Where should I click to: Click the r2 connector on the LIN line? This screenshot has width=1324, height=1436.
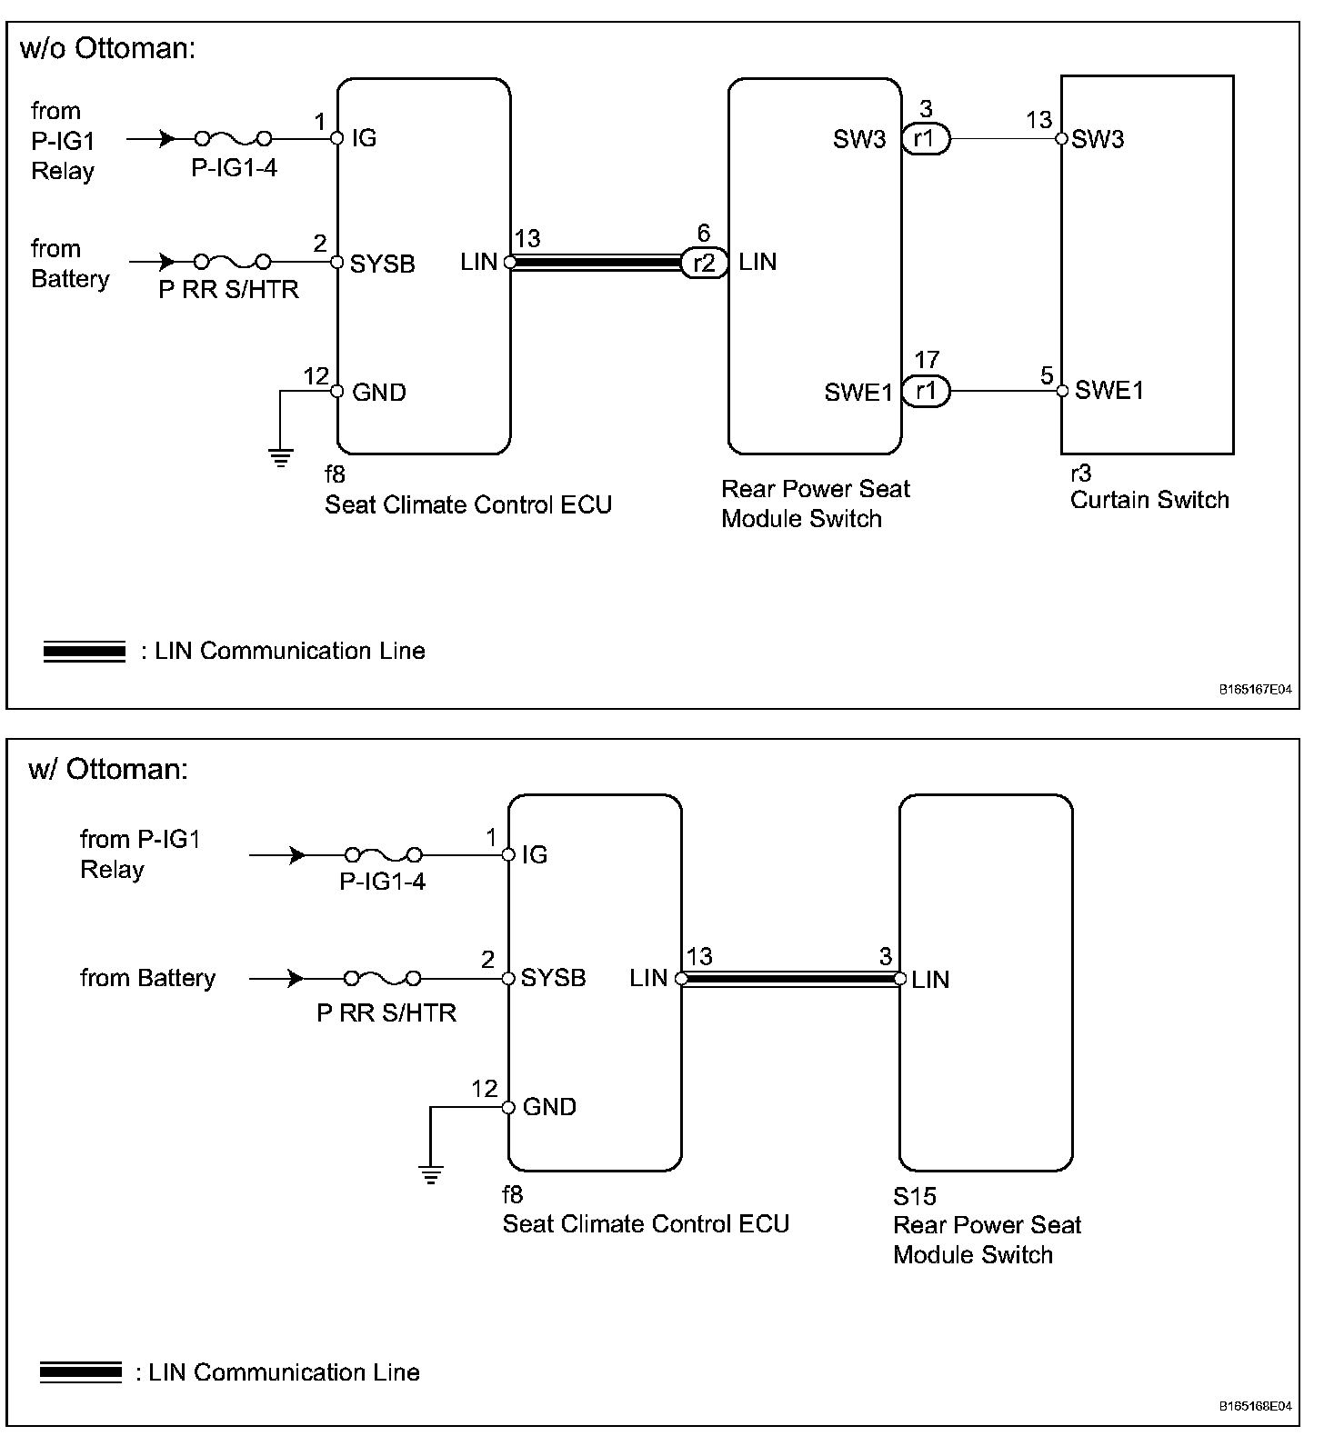tap(704, 264)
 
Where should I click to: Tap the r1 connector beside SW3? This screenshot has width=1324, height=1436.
tap(926, 140)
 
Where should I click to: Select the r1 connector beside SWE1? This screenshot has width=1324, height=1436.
tap(926, 392)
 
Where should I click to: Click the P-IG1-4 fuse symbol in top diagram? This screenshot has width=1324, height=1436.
tap(234, 139)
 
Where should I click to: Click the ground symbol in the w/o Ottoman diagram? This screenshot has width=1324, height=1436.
tap(281, 458)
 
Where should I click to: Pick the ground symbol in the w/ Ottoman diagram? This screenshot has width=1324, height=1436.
tap(431, 1174)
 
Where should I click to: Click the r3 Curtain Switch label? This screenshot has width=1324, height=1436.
tap(1148, 499)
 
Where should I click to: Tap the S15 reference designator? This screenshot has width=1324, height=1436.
tap(914, 1196)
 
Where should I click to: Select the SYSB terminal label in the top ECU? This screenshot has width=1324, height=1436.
tap(382, 264)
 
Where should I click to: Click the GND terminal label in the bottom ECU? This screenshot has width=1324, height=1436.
tap(549, 1107)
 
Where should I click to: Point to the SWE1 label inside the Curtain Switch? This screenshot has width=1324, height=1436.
tap(1108, 391)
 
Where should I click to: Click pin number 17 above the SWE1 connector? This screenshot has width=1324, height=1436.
tap(926, 360)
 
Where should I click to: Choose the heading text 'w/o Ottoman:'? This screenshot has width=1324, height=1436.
tap(108, 48)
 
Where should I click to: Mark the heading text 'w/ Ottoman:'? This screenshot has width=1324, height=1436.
tap(108, 769)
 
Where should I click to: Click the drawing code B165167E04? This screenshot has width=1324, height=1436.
tap(1255, 690)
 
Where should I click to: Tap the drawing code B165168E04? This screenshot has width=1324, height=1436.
tap(1255, 1406)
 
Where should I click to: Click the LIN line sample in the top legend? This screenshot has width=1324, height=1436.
tap(84, 652)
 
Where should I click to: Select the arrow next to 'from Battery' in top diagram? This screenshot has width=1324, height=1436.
tap(166, 263)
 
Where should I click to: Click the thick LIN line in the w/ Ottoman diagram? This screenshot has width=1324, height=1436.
tap(789, 979)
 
